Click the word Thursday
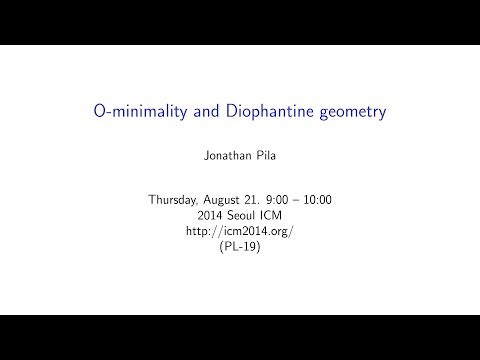click(x=176, y=200)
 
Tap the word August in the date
click(x=232, y=200)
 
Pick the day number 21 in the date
click(x=264, y=200)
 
